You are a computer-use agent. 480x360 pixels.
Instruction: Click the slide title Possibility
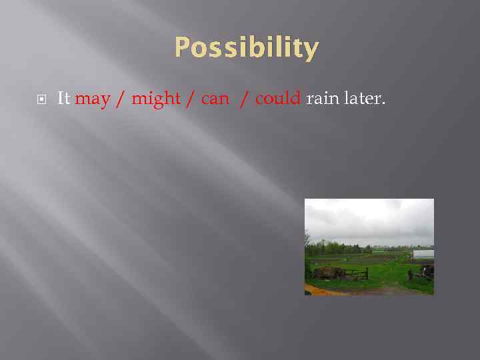click(247, 49)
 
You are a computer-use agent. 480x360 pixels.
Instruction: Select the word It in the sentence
click(64, 99)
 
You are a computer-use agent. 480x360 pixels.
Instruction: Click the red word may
click(93, 99)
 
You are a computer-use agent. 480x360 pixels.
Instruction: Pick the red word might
click(156, 99)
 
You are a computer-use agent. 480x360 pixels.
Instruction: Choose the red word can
click(214, 99)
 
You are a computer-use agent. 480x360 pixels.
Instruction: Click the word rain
click(321, 99)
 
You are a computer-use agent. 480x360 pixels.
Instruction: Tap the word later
click(361, 99)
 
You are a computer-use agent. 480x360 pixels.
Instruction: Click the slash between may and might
click(121, 99)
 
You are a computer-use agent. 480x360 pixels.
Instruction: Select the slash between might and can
click(191, 99)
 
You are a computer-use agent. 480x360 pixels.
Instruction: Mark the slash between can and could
click(245, 99)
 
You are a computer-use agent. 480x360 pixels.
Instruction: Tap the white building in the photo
click(423, 254)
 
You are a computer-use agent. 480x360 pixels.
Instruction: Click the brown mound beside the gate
click(327, 272)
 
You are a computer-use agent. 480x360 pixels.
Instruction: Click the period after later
click(383, 104)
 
